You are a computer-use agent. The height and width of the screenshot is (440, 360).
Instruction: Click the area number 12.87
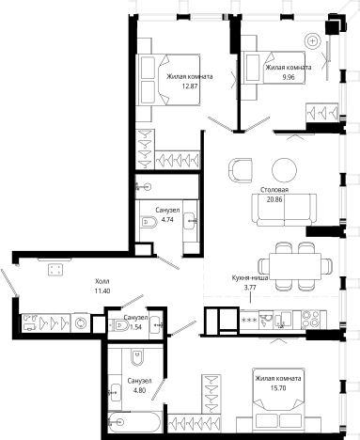click(190, 86)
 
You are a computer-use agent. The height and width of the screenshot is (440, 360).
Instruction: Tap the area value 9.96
click(289, 77)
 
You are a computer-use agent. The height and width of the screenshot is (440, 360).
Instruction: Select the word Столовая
click(274, 190)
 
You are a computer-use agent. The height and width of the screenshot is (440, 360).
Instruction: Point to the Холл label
click(102, 281)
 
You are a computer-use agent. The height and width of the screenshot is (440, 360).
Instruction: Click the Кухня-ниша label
click(250, 277)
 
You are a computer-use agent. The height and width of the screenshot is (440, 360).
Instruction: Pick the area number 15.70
click(278, 388)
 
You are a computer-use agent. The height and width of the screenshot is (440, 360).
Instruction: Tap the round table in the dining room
click(284, 169)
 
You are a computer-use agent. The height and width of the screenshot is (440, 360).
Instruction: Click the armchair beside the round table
click(241, 170)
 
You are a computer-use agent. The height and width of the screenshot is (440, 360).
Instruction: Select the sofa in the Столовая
click(284, 210)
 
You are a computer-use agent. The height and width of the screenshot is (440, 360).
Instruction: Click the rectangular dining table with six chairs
click(295, 266)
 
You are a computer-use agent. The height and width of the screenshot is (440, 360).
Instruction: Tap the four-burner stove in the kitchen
click(314, 320)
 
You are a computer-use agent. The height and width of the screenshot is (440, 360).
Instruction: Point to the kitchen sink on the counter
click(282, 320)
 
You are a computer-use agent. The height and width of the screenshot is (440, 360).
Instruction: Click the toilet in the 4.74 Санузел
click(149, 222)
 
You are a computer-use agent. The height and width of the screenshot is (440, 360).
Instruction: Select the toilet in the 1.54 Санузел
click(117, 325)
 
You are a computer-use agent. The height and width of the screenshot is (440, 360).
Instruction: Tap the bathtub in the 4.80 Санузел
click(134, 422)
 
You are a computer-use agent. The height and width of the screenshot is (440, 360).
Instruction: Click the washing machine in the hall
click(81, 322)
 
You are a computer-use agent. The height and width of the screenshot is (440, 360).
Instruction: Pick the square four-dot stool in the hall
click(55, 269)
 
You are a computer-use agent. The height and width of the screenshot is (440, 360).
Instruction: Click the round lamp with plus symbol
click(312, 40)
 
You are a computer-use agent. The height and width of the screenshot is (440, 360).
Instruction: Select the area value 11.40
click(102, 291)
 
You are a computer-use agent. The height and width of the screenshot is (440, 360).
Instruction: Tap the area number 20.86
click(274, 199)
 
